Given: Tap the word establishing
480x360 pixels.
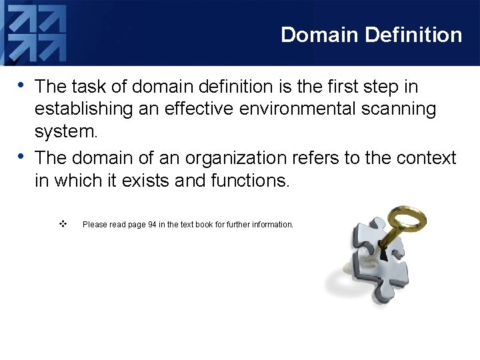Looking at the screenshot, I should point(79,109).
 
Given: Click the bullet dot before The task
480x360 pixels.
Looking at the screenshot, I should point(22,85).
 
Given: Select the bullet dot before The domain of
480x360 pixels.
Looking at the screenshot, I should point(22,157).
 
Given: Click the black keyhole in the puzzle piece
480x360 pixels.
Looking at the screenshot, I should point(383,254).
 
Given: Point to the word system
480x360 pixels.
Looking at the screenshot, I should point(65,132).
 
